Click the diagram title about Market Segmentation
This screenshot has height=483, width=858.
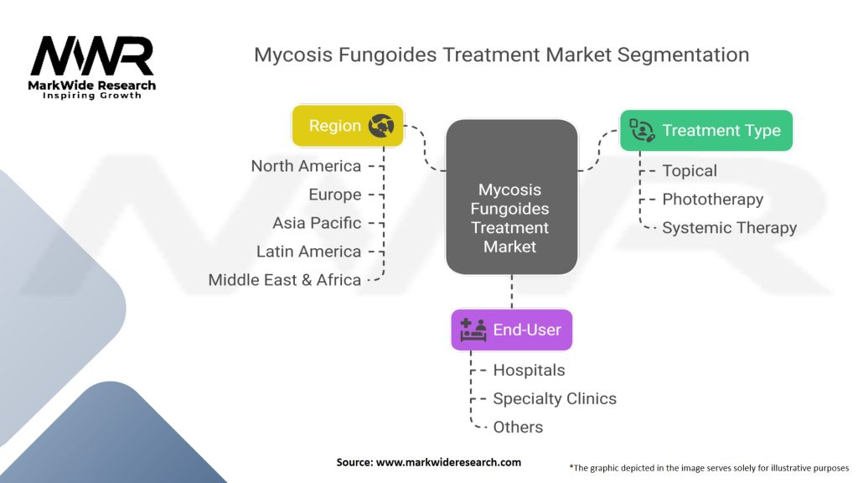tap(501, 55)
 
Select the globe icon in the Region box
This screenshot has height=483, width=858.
tap(381, 126)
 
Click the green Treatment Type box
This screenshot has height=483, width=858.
tap(706, 130)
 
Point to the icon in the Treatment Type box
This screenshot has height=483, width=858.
tap(642, 130)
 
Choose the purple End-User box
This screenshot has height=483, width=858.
tap(511, 330)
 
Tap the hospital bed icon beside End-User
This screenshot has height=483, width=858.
tap(473, 330)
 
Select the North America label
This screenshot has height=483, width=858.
tap(307, 166)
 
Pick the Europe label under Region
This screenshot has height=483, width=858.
tap(335, 195)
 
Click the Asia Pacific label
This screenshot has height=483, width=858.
tap(317, 223)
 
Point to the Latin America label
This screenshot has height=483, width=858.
tap(309, 252)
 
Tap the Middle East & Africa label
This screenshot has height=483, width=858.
tap(285, 280)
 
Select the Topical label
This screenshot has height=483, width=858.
tap(690, 171)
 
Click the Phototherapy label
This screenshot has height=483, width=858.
tap(712, 200)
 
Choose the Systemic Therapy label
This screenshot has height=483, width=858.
tap(729, 228)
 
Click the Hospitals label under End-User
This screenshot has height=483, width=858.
tap(529, 370)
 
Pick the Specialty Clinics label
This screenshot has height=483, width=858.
tap(555, 398)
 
